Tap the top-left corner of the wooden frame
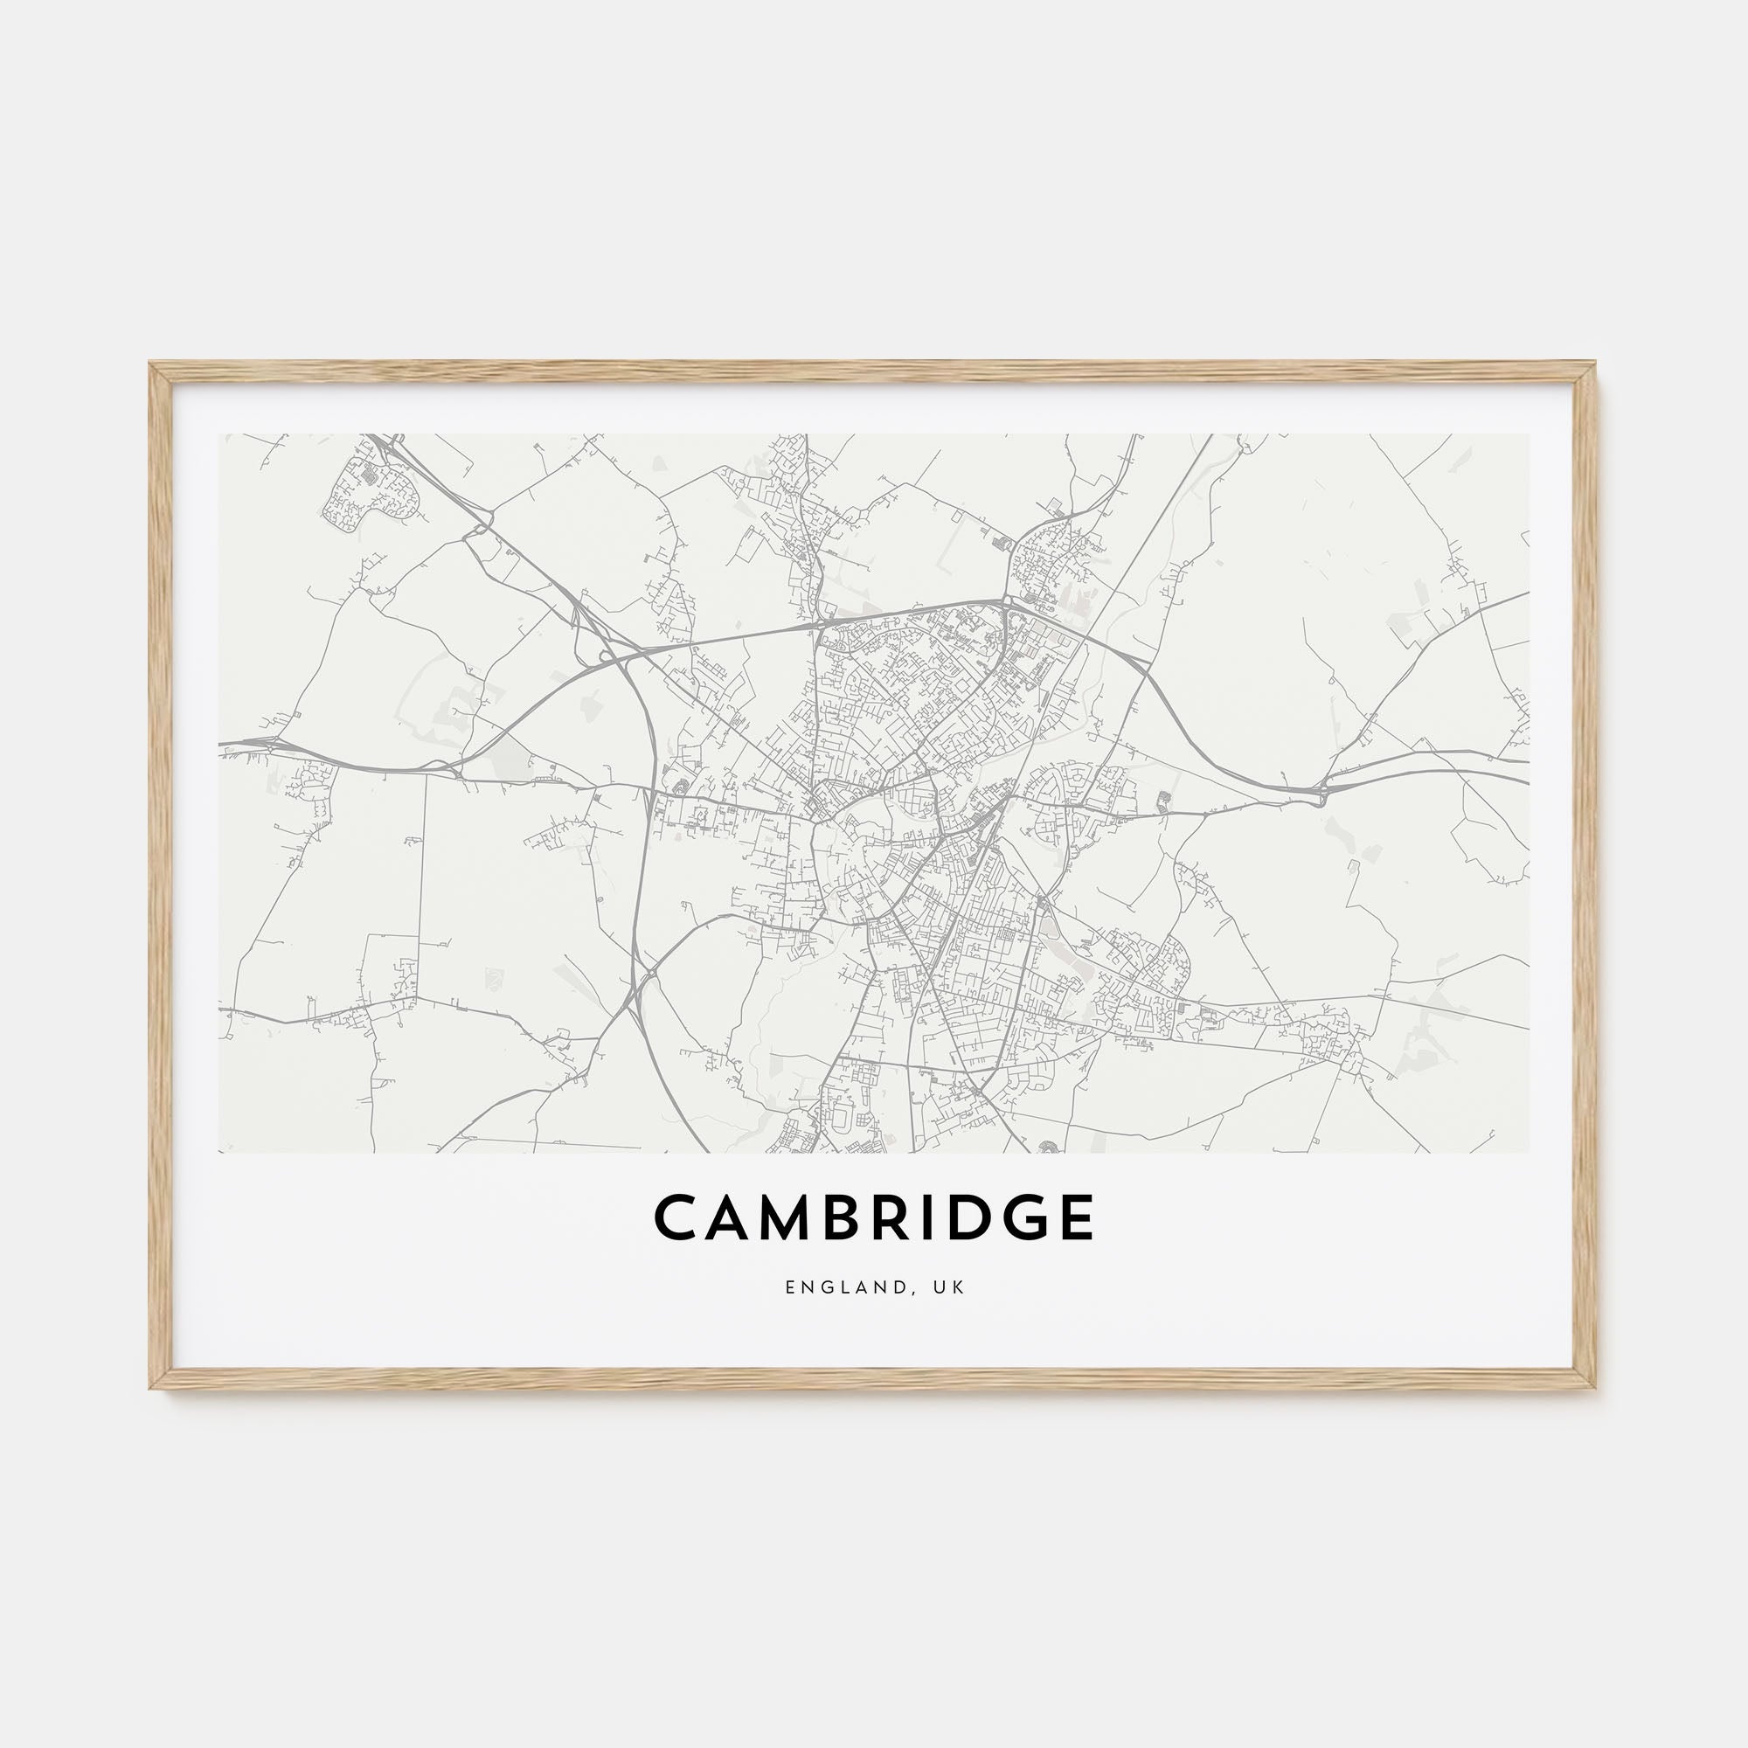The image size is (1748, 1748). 152,364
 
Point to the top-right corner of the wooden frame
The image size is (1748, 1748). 1594,364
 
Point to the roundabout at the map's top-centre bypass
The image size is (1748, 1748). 1007,599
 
